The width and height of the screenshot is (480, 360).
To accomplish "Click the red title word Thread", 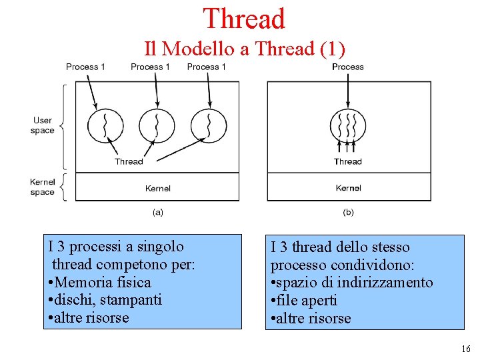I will coord(244,19).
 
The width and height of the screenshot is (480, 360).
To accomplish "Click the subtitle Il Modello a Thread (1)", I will coord(245,49).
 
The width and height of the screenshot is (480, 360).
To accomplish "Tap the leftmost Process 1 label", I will coord(85,67).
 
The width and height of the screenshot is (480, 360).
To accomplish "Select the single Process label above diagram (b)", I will coord(347,67).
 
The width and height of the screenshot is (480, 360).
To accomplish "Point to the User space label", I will coord(43,125).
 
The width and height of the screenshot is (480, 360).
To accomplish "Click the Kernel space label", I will coord(42,187).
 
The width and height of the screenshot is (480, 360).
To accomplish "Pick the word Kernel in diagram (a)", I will coord(158,189).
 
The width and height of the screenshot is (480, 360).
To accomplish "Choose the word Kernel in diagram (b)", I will coord(349,188).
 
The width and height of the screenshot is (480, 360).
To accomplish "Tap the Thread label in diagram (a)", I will coord(129,161).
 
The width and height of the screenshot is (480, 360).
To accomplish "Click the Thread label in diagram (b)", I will coord(347,161).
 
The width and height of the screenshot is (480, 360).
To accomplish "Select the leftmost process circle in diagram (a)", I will coord(105,125).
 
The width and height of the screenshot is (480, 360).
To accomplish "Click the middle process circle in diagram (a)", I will coord(157,125).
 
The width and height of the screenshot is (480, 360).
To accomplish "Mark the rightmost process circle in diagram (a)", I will coord(209,125).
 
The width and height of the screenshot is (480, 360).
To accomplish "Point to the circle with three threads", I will coord(348,125).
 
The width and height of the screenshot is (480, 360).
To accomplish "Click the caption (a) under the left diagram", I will coord(158,212).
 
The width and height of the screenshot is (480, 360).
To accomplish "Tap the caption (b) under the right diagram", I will coord(348,212).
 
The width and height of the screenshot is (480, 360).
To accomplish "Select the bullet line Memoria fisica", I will coord(100,282).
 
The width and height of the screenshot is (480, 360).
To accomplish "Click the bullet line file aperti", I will coord(303,301).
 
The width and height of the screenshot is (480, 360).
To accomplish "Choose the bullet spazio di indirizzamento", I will coord(351,283).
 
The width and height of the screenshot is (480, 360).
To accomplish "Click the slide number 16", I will coord(465,349).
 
